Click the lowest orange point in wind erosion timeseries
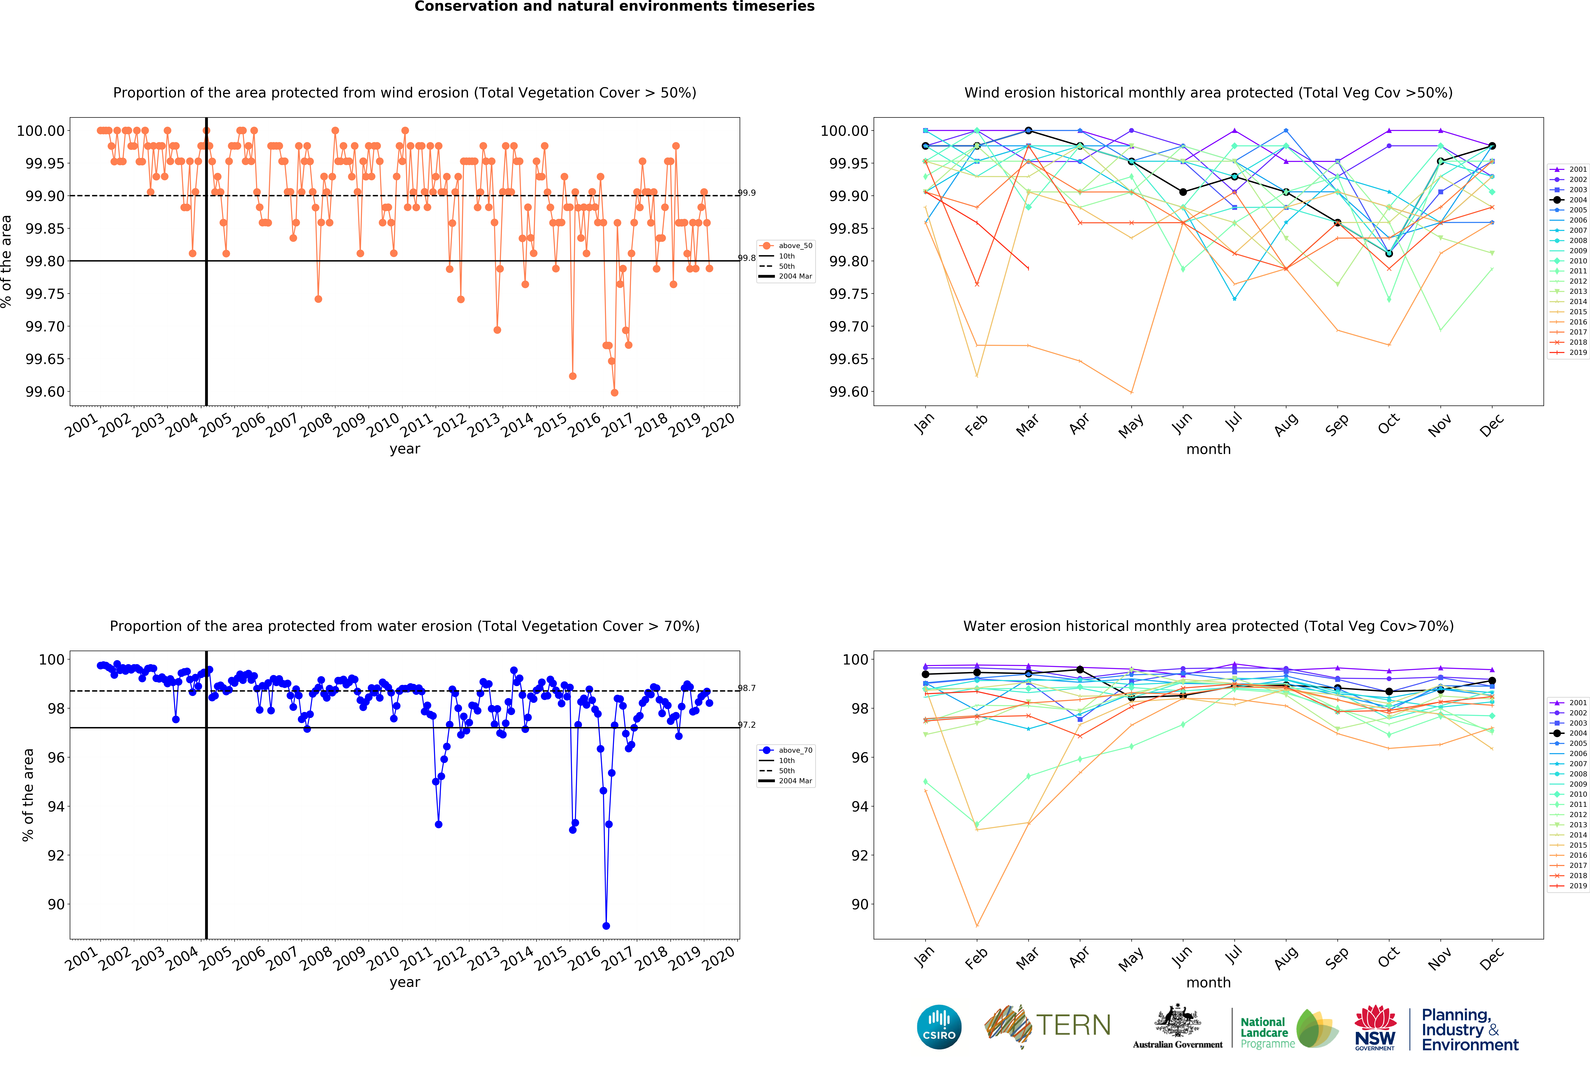615,392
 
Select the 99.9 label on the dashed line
747,193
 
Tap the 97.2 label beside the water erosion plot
747,725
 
